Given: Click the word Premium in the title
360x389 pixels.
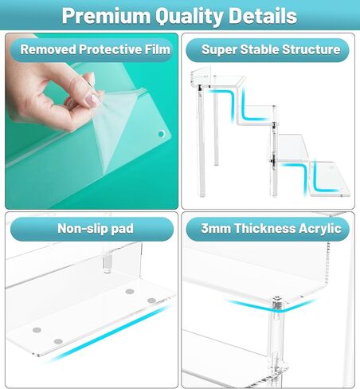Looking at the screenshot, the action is (106, 16).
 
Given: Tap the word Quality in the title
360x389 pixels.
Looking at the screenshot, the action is (189, 17).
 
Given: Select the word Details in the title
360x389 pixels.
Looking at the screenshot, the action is (262, 16).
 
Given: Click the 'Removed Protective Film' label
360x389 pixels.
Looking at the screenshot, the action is (95, 49).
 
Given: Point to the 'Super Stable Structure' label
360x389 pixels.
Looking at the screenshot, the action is (271, 49).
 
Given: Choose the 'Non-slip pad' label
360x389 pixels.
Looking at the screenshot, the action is (96, 229).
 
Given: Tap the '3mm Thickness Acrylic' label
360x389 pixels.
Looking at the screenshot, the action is (271, 229).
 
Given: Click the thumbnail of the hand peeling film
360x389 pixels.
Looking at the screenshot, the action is (92, 121).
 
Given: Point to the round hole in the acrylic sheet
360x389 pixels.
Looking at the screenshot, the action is (161, 134).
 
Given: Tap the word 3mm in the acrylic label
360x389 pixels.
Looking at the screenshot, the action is (215, 229).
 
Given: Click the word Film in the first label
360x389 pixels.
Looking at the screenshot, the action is (158, 49).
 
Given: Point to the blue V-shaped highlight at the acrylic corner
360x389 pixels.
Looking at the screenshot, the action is (270, 305).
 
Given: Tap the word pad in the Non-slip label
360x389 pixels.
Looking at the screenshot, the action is (122, 229).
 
